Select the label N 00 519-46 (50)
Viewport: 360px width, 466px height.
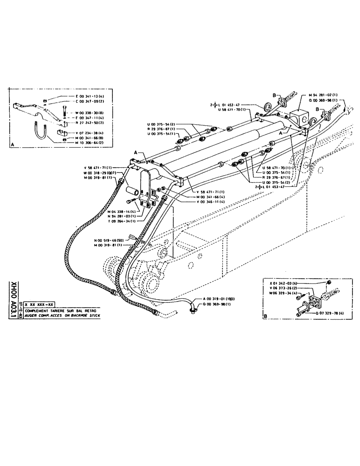110,240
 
